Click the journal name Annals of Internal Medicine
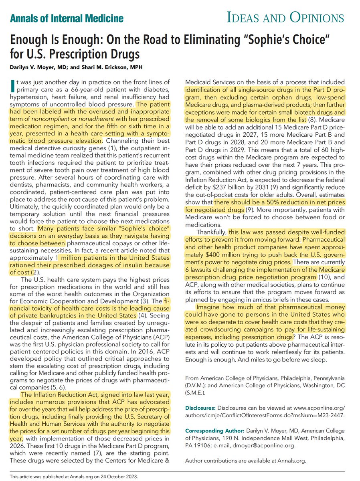(x=67, y=18)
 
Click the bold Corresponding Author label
(x=213, y=430)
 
